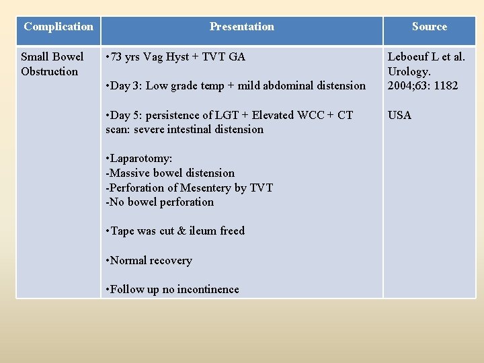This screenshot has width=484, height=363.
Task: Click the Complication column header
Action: tap(58, 27)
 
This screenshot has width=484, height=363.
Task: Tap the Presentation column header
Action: tap(242, 27)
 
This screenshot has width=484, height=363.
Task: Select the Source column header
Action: tap(430, 27)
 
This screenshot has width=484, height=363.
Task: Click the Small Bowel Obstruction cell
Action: tap(52, 64)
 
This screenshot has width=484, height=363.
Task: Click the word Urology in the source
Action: tap(409, 71)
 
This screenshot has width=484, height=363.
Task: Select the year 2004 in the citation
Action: tap(401, 85)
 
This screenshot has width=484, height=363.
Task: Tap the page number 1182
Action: tap(446, 85)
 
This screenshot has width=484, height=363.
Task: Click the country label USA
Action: tap(400, 115)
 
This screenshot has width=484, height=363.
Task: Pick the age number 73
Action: tap(117, 56)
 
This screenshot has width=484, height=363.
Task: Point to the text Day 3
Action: tap(126, 85)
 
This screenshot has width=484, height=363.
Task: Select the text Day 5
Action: tap(126, 115)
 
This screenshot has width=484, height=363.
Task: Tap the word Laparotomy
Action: tap(142, 159)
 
